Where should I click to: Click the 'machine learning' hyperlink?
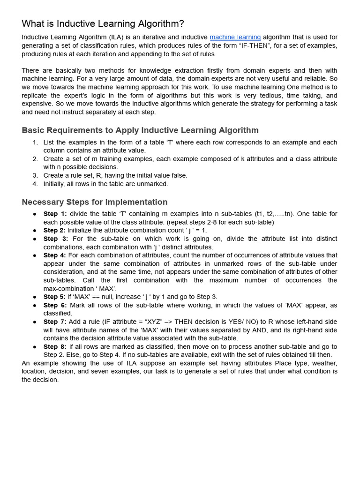(235, 37)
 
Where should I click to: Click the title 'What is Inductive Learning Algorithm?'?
(103, 23)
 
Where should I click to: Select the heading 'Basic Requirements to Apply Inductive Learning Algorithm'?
(140, 130)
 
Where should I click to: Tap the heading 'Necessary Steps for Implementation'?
(95, 202)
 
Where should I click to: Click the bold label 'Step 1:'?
(55, 214)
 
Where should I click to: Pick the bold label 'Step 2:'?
(54, 231)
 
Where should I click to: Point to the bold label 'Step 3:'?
(56, 239)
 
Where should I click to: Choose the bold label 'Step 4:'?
(54, 255)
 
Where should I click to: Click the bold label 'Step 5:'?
(54, 297)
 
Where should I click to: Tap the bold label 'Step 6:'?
(56, 305)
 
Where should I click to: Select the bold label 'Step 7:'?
(55, 322)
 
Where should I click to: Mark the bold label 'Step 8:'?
(55, 346)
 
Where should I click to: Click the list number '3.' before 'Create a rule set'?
(35, 175)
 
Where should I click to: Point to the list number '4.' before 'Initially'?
(35, 184)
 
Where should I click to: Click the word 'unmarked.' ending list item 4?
(153, 184)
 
